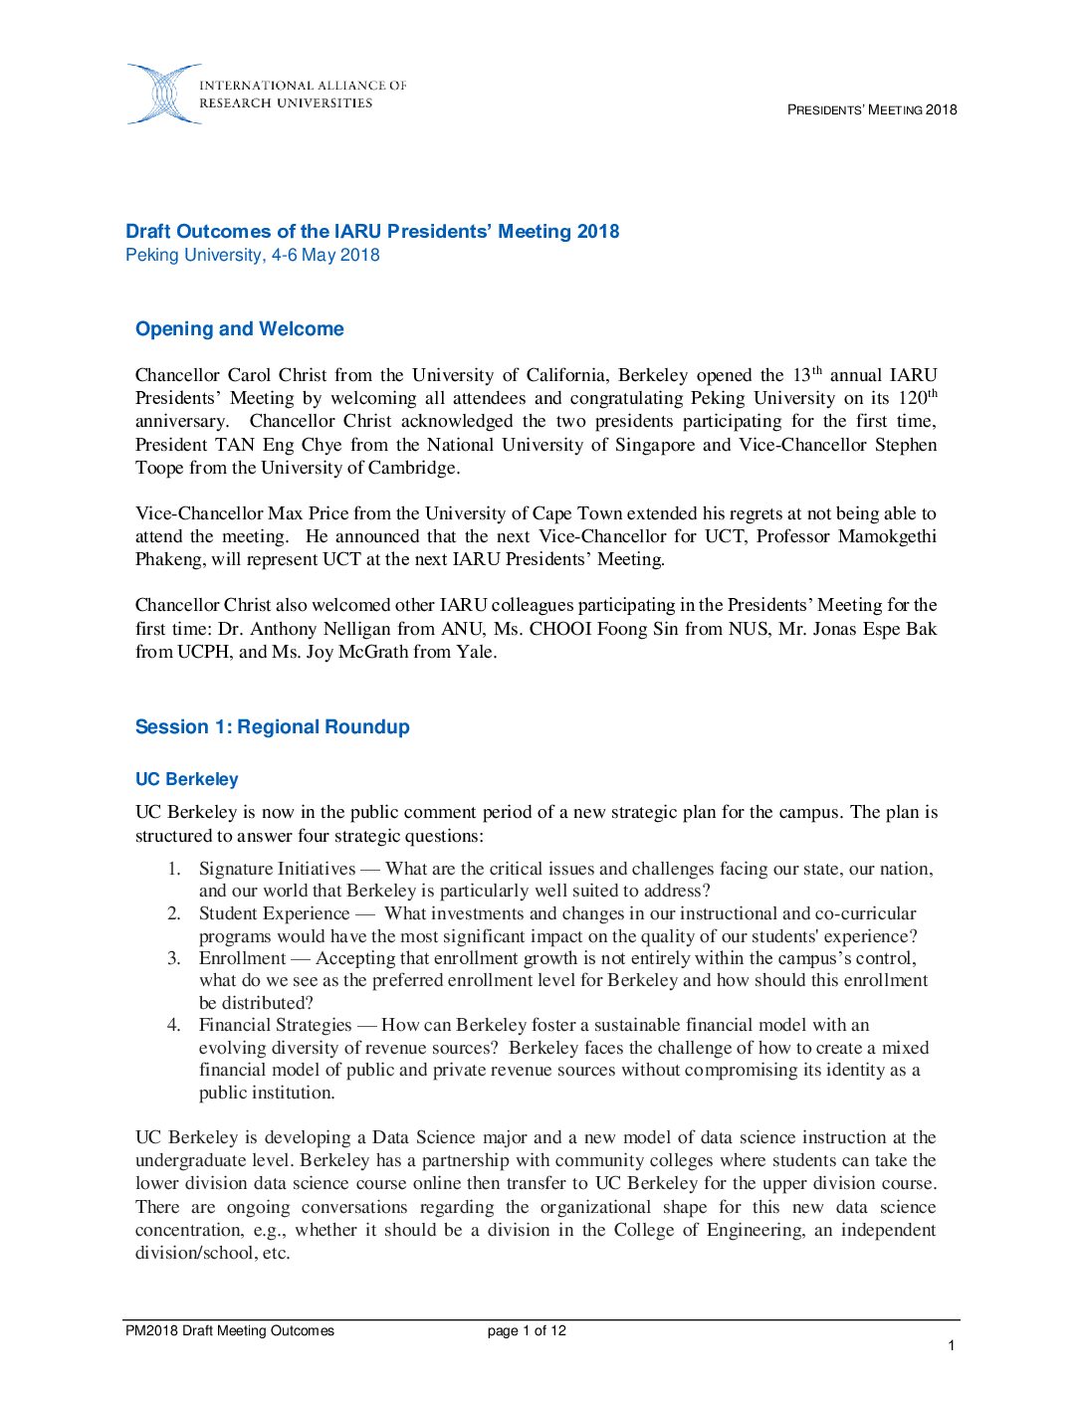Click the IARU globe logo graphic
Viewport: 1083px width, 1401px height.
162,95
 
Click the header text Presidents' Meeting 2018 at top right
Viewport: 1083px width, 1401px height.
871,109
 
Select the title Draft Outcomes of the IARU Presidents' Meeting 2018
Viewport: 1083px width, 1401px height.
372,231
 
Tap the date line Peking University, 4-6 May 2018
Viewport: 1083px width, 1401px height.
253,255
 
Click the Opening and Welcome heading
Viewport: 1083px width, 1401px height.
240,328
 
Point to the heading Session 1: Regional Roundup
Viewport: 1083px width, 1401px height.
273,726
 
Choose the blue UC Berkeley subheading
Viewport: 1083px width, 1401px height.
187,779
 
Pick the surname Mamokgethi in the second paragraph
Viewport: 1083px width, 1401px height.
887,536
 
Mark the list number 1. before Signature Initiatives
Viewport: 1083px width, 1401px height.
174,869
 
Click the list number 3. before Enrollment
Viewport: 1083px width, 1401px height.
174,958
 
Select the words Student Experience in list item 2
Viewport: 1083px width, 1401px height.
274,913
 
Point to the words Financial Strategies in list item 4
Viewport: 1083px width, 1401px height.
275,1025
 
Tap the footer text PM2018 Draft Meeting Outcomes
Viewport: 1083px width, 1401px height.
230,1330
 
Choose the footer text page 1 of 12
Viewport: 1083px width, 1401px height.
527,1330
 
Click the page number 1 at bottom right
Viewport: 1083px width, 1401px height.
952,1345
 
